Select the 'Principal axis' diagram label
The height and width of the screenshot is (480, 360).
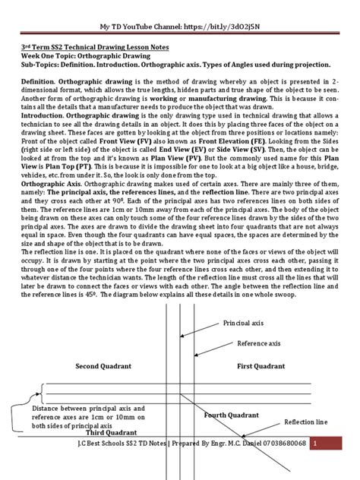point(246,324)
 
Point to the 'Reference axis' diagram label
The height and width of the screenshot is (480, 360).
point(257,344)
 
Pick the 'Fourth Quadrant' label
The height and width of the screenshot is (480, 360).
point(232,415)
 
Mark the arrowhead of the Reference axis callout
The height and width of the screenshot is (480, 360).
point(195,355)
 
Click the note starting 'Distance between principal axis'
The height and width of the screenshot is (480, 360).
point(81,418)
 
